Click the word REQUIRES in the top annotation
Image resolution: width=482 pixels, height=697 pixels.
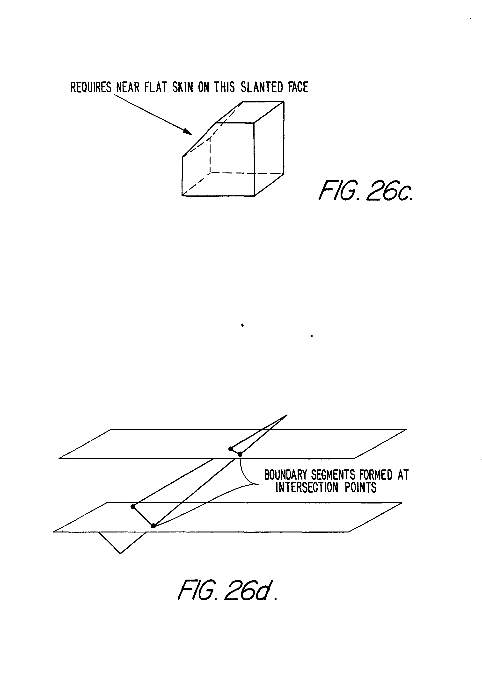(x=91, y=87)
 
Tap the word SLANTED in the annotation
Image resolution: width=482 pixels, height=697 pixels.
(x=262, y=87)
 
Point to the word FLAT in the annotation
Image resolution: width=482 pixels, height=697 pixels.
(x=155, y=87)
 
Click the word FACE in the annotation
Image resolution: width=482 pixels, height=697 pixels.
(x=298, y=87)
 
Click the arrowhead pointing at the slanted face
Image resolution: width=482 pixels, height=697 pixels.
(x=188, y=132)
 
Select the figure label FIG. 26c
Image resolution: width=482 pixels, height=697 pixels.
(x=366, y=191)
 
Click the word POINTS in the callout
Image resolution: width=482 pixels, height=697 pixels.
(x=361, y=488)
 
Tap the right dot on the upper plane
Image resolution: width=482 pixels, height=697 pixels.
(x=240, y=454)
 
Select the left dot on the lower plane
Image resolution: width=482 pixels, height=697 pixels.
(x=133, y=507)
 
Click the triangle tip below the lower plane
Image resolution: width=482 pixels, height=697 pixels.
(x=120, y=553)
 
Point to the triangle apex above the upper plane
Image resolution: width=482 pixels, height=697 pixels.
(x=287, y=415)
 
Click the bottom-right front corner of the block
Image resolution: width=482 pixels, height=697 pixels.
(x=254, y=196)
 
